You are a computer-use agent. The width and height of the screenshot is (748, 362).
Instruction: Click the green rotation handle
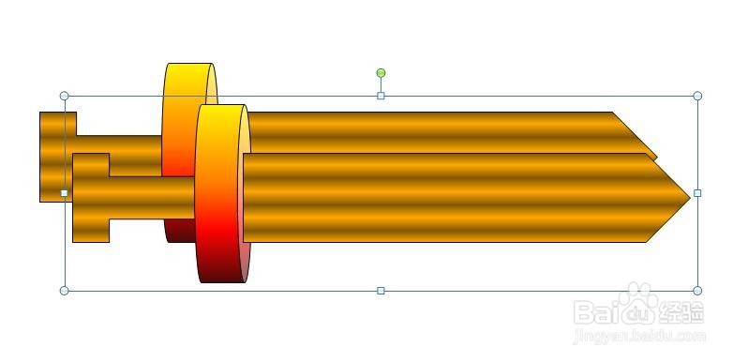pyautogui.click(x=381, y=73)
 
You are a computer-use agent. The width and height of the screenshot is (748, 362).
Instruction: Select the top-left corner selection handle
pyautogui.click(x=65, y=96)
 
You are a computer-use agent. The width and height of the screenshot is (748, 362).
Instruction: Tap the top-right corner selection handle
pyautogui.click(x=697, y=96)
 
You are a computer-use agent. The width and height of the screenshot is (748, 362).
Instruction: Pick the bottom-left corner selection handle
pyautogui.click(x=65, y=291)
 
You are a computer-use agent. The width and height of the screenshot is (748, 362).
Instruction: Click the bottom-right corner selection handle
pyautogui.click(x=697, y=291)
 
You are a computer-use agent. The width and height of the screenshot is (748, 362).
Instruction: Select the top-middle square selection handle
pyautogui.click(x=381, y=96)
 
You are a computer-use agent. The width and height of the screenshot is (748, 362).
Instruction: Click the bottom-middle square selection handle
pyautogui.click(x=381, y=291)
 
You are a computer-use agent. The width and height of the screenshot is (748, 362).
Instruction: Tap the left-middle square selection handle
pyautogui.click(x=65, y=193)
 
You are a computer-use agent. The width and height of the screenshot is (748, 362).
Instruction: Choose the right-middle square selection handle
pyautogui.click(x=697, y=193)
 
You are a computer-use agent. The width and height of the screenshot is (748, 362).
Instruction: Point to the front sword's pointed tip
pyautogui.click(x=690, y=197)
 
